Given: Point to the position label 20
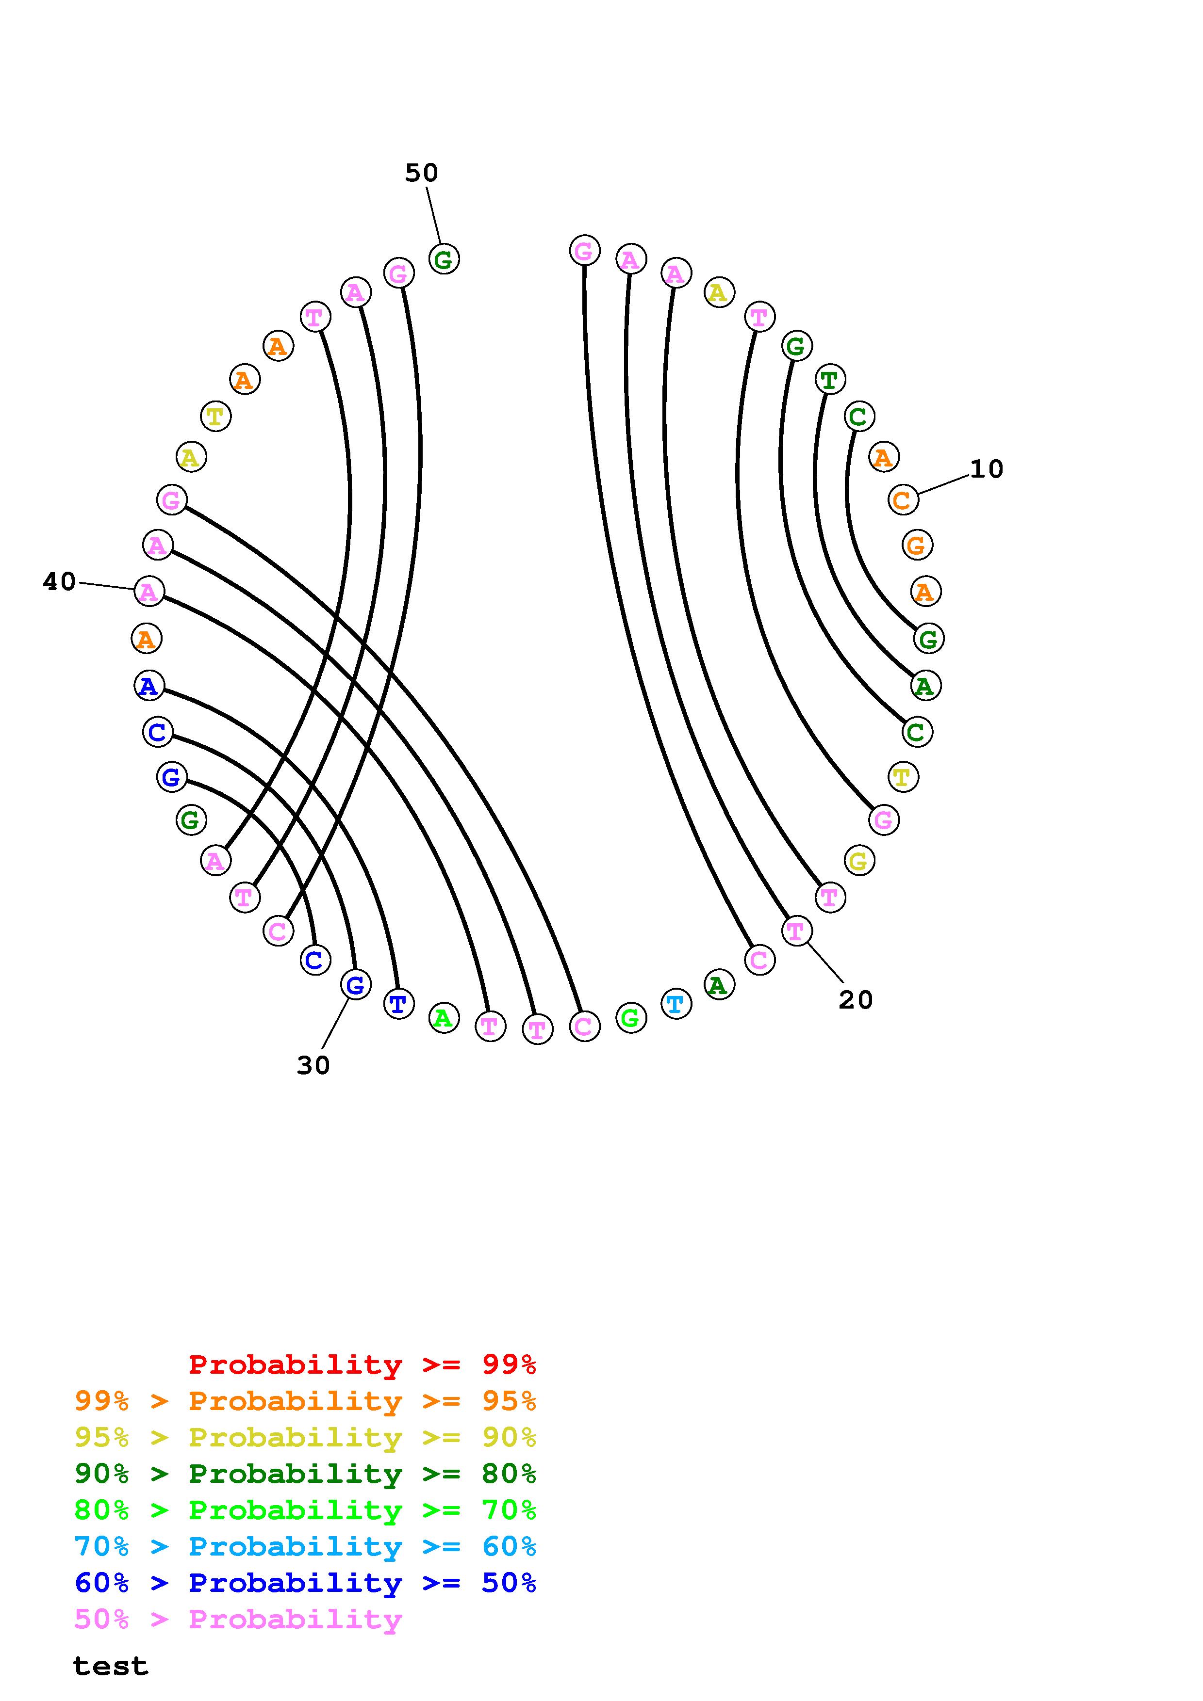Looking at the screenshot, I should pos(856,1000).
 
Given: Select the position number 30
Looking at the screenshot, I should pos(313,1065).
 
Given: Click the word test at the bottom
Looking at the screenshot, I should pos(111,1666).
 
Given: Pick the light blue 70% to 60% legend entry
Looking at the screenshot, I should pos(305,1547).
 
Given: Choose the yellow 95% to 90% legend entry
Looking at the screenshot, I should pos(305,1437).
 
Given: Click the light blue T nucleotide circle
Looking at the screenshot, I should pos(675,1004).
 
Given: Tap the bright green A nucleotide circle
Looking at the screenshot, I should pos(443,1018).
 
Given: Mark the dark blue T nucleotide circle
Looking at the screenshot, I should pos(398,1004).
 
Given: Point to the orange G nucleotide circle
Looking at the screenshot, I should pos(917,546).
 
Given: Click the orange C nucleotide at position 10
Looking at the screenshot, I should pos(903,500).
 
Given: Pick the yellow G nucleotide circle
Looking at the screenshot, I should pos(858,860).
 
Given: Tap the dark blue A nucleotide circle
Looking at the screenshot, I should pos(149,686).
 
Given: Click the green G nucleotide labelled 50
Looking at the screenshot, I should pos(444,259).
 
